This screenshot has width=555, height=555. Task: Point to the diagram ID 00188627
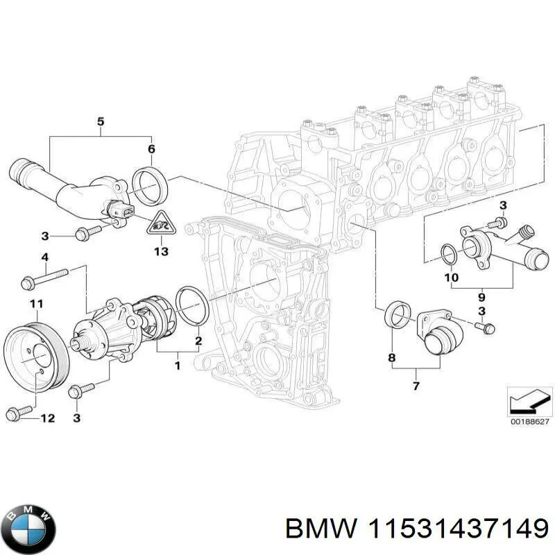529,420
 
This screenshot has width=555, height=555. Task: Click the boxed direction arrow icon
529,401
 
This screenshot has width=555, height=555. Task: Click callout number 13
160,251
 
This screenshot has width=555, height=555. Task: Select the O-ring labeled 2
192,305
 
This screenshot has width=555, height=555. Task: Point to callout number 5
100,123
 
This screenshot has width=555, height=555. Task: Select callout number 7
416,385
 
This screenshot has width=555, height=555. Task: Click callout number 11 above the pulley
36,303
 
